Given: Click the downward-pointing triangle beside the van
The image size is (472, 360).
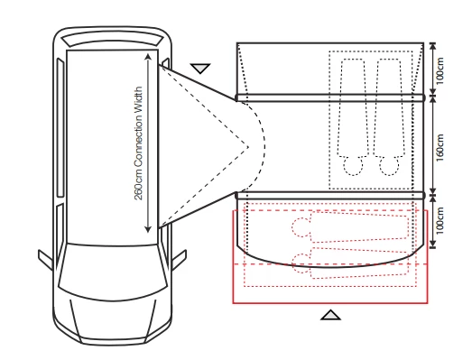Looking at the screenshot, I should (200, 68).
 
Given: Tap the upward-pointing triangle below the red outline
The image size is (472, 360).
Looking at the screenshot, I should (331, 315).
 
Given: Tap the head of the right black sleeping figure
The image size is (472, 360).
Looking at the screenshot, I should (389, 164).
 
